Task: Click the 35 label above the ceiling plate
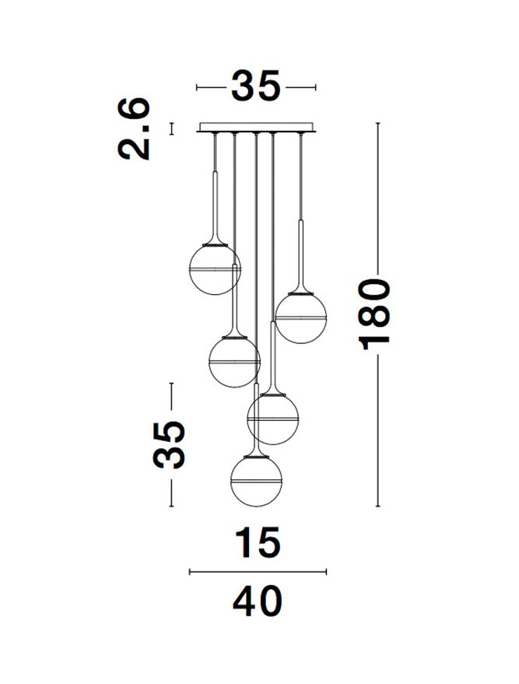[255, 86]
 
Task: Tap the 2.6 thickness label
[135, 128]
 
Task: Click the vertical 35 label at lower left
[170, 445]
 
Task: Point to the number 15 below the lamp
[257, 542]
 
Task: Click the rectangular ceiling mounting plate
[256, 127]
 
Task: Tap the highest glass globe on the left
[215, 269]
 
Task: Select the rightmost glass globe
[301, 318]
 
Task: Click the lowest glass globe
[257, 481]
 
